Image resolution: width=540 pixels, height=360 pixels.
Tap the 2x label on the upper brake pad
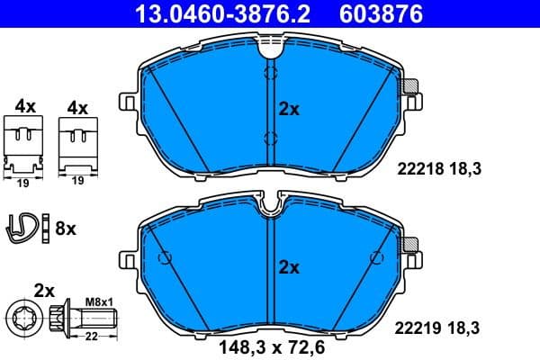[289, 109]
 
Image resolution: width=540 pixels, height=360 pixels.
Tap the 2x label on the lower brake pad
[289, 266]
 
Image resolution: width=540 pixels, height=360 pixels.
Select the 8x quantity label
[67, 229]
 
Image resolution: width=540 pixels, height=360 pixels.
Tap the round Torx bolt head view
[24, 316]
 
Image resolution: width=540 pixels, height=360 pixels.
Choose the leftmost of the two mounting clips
[25, 145]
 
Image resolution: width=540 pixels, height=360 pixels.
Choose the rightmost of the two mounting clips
[77, 145]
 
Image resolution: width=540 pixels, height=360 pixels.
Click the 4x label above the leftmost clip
[25, 106]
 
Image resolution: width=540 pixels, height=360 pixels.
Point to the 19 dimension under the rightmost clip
[77, 181]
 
